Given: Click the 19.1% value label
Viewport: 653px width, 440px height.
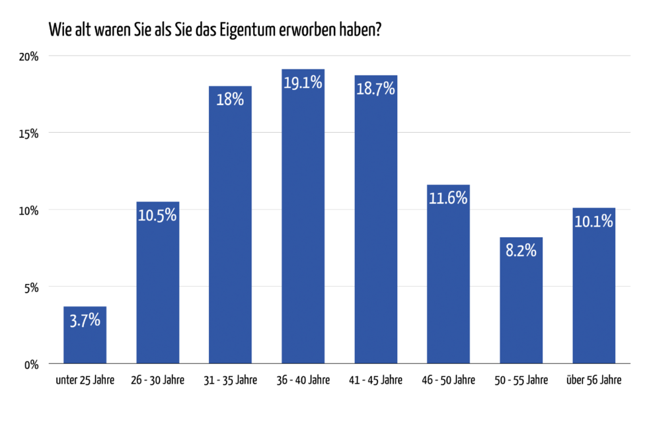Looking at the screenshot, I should click(303, 83).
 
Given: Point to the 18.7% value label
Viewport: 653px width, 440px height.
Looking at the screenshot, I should click(375, 89).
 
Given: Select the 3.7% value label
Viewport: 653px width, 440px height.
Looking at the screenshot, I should click(85, 320).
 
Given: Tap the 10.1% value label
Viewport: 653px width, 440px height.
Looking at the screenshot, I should click(594, 221).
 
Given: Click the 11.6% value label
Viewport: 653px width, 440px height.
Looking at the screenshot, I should click(448, 198).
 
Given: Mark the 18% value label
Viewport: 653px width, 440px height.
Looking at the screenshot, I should click(230, 100).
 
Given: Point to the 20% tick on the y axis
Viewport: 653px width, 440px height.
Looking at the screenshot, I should click(28, 56).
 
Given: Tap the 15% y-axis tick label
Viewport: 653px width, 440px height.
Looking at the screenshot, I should click(28, 133).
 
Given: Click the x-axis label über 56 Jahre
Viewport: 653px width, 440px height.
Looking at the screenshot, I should click(594, 381).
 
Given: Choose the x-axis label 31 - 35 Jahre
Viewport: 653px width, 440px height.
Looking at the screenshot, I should click(230, 381).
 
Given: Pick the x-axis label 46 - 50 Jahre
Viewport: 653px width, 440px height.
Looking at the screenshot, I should click(448, 381).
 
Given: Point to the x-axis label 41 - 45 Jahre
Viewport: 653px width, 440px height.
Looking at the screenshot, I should click(375, 381).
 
